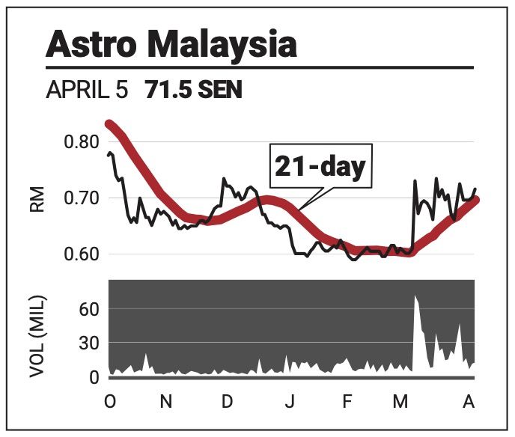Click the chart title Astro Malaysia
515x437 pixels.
[x=171, y=44]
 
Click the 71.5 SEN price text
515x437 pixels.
[x=193, y=90]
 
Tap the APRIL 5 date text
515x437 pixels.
[x=87, y=90]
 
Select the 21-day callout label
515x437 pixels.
[x=320, y=166]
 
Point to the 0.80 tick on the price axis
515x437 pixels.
[x=81, y=142]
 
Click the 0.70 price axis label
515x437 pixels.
[x=81, y=198]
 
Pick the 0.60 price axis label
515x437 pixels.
[x=81, y=254]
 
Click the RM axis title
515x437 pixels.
[x=37, y=199]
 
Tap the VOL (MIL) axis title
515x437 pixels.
[x=37, y=337]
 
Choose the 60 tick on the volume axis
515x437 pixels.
[x=88, y=309]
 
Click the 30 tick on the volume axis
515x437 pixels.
[x=88, y=343]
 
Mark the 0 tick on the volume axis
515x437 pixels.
[x=94, y=378]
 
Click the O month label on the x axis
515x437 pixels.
[x=110, y=401]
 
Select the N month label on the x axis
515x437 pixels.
[x=166, y=401]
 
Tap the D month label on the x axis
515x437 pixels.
[x=227, y=401]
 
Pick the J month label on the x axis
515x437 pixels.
[x=290, y=401]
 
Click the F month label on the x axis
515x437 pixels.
[x=347, y=401]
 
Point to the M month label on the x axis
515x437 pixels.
[x=400, y=401]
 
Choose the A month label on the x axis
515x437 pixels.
[x=469, y=401]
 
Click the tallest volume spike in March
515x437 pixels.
[x=415, y=297]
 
